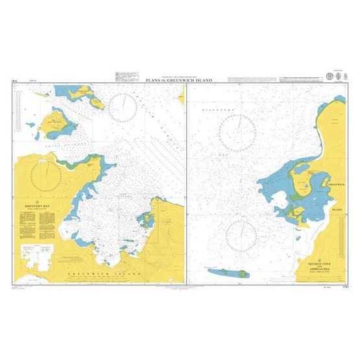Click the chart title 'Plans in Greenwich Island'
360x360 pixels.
pyautogui.click(x=180, y=80)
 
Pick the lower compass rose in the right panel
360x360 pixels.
pyautogui.click(x=242, y=232)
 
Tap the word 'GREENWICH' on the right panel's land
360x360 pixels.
pyautogui.click(x=336, y=185)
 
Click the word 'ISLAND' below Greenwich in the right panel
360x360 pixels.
pyautogui.click(x=337, y=210)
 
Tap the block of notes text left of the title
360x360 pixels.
pyautogui.click(x=128, y=75)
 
